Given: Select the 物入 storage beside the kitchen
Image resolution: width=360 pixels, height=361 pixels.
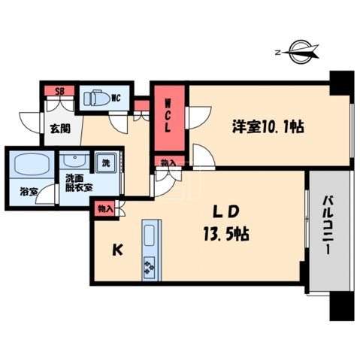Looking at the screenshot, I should coord(105,208).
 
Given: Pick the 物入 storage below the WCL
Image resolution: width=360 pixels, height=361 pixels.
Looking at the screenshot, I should coord(168,163).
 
